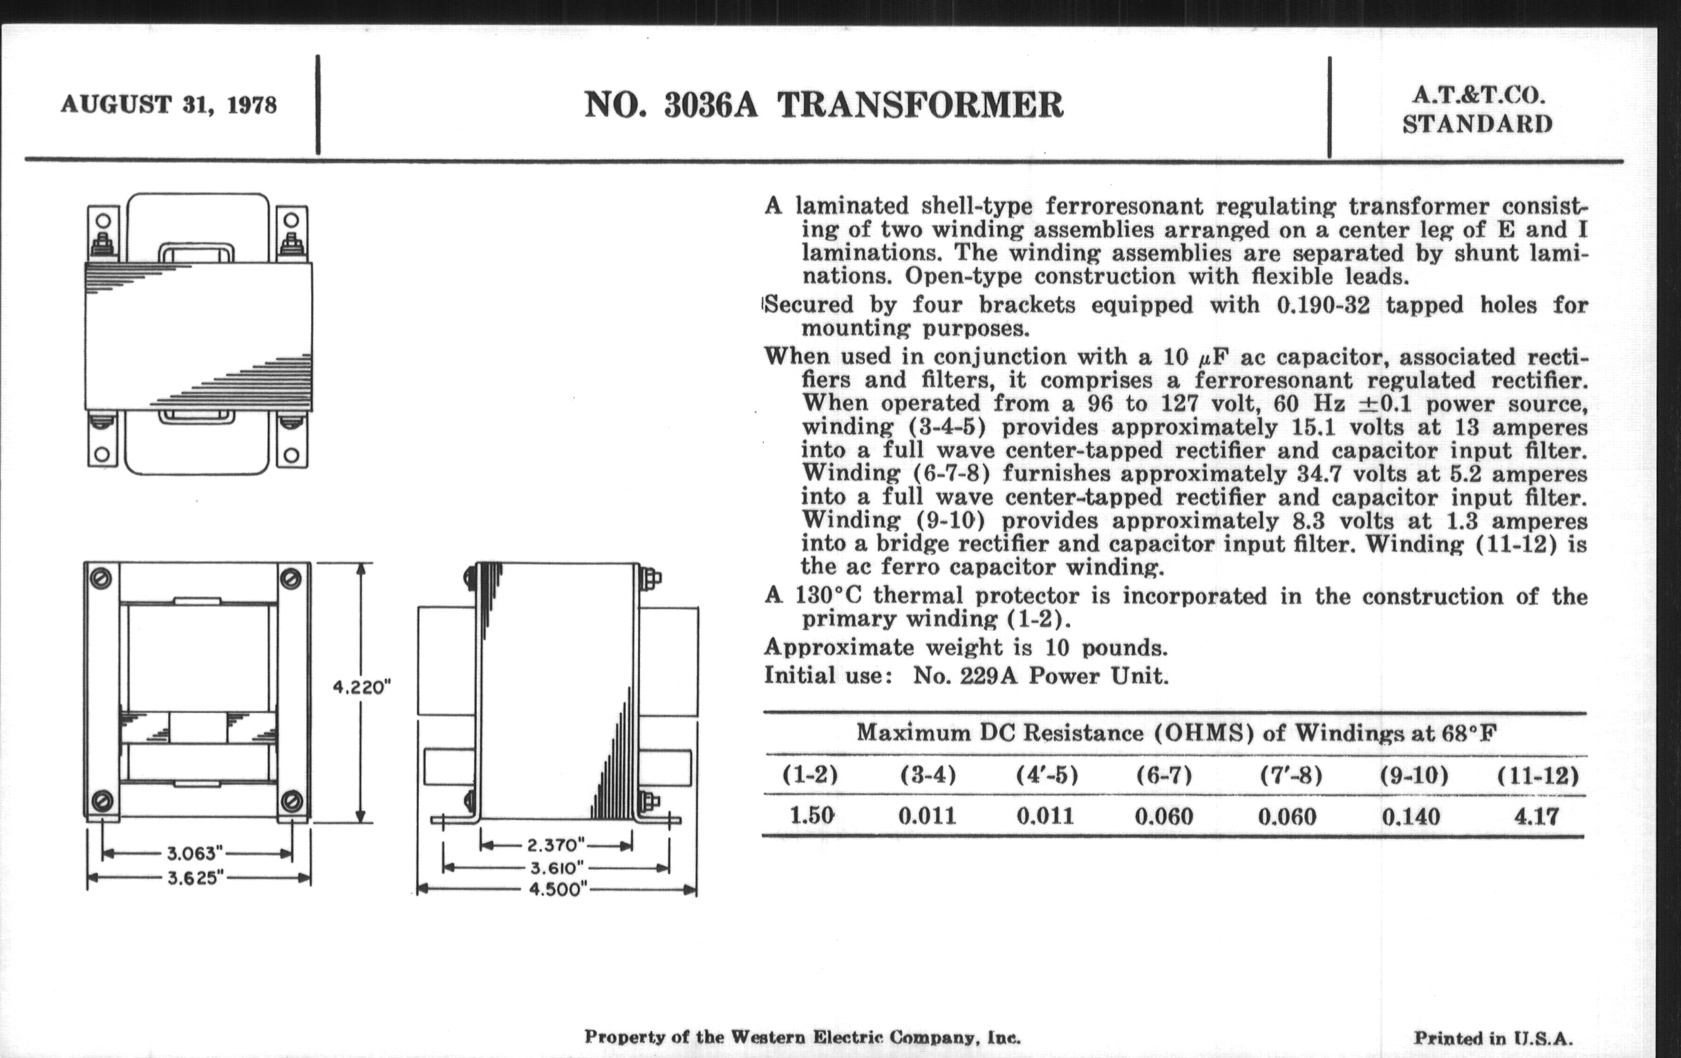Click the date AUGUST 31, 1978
[169, 104]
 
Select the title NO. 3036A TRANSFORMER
[823, 105]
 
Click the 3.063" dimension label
[195, 853]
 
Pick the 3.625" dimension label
[195, 878]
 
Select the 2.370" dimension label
[556, 846]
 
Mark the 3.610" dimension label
[556, 868]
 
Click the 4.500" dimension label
[556, 891]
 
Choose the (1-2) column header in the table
[809, 774]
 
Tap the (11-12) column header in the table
[1537, 776]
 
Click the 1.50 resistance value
[812, 816]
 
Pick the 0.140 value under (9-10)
[1411, 817]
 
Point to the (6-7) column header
[1164, 775]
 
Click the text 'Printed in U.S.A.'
[1493, 1039]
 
